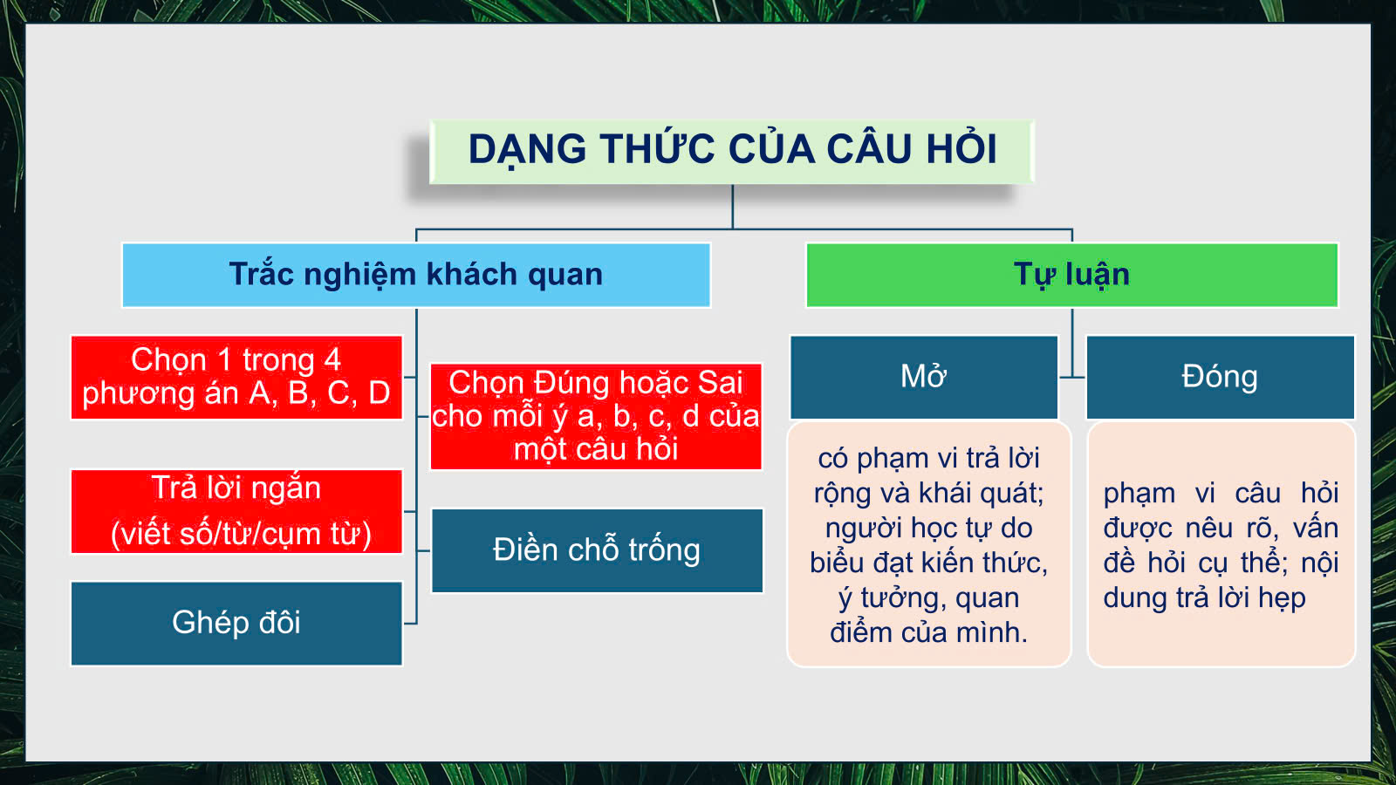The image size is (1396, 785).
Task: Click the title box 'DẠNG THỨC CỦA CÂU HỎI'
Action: pos(732,152)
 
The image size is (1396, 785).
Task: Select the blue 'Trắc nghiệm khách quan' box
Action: pos(416,275)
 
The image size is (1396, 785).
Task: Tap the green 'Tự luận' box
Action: pos(1072,275)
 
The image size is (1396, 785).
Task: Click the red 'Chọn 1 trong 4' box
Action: pos(236,378)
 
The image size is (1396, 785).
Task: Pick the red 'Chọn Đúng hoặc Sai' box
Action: pos(596,416)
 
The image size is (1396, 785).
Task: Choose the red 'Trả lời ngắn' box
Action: pos(236,511)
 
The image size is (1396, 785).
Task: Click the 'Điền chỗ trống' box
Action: pos(597,550)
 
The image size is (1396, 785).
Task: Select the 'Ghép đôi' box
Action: pos(236,624)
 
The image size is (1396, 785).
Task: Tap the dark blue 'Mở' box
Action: pos(924,378)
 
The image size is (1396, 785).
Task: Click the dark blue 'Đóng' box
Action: pos(1221,378)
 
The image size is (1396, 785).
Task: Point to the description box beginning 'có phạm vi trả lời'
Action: pos(929,544)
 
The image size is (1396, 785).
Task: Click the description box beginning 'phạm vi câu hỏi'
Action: pos(1221,544)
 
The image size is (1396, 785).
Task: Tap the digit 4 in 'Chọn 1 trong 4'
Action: pos(332,359)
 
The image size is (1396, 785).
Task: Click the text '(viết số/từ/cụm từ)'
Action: pos(241,534)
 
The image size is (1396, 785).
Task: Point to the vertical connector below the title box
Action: pos(732,206)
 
